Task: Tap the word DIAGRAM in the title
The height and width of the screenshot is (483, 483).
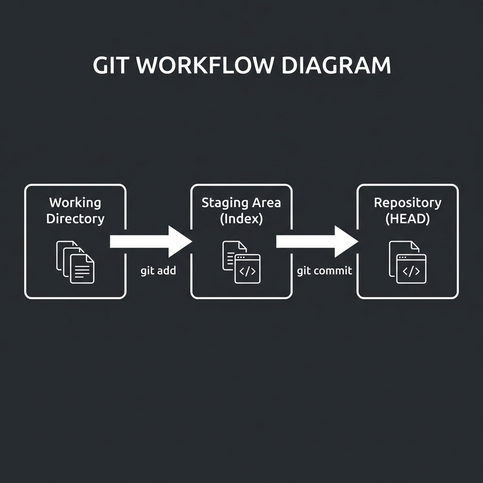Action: (x=336, y=66)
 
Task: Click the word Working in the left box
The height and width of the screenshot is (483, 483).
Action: (x=75, y=203)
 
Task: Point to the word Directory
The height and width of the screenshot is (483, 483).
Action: (x=75, y=219)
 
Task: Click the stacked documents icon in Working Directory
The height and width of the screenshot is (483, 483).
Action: (x=75, y=262)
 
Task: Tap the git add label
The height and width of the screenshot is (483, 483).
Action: (x=158, y=271)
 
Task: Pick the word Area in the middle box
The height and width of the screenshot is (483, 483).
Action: (x=266, y=203)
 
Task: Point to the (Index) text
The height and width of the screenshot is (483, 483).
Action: (x=241, y=219)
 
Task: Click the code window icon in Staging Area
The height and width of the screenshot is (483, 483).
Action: (x=247, y=269)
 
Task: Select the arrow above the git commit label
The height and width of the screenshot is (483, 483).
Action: (x=316, y=241)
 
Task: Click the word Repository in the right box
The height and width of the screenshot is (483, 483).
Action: (x=408, y=203)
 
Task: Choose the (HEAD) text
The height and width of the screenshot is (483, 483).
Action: (x=408, y=219)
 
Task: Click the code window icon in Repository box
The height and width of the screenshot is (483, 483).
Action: (x=411, y=269)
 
